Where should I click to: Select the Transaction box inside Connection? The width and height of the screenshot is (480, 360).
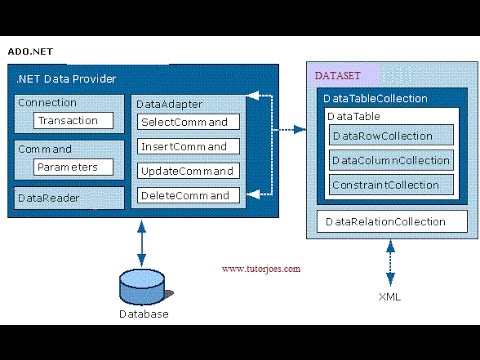click(68, 121)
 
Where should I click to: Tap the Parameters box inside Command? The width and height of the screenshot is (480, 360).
click(68, 167)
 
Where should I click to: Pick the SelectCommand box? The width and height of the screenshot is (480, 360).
click(189, 122)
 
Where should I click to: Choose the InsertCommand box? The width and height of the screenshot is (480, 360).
click(189, 146)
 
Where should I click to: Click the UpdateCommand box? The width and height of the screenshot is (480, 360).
click(189, 170)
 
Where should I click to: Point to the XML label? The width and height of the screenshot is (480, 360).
click(390, 297)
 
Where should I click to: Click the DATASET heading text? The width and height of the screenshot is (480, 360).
click(337, 75)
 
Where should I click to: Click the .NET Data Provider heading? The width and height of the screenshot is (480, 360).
click(66, 78)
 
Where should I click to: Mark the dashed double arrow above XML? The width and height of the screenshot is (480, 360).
click(390, 263)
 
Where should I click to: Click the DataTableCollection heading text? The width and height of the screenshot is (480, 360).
click(375, 99)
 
